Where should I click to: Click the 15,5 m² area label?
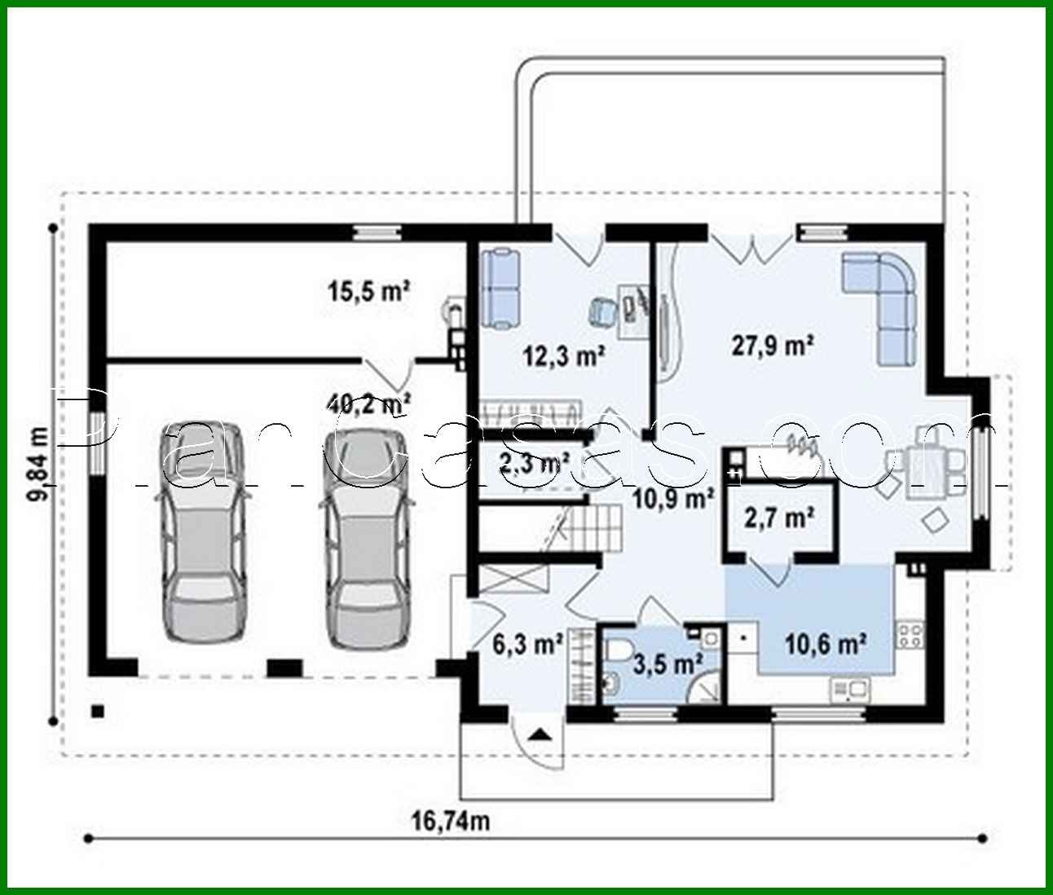pos(368,290)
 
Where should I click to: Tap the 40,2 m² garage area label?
pos(368,402)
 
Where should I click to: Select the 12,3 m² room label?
pos(563,355)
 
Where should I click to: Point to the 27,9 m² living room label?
pos(773,346)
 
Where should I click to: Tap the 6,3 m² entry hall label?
pos(528,644)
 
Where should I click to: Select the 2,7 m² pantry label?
pos(780,517)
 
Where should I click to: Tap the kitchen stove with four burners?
pos(910,634)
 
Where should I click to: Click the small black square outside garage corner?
pos(98,710)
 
